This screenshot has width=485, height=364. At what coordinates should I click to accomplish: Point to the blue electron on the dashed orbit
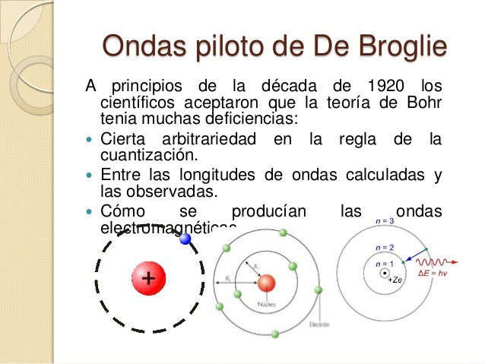(185, 239)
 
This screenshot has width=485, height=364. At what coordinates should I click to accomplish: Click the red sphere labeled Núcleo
(266, 284)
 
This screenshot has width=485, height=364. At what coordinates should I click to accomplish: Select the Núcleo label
(266, 302)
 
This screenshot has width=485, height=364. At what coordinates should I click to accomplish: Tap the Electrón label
(319, 324)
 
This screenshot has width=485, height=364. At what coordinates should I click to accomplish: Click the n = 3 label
(385, 221)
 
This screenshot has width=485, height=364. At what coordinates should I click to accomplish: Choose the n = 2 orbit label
(385, 248)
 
